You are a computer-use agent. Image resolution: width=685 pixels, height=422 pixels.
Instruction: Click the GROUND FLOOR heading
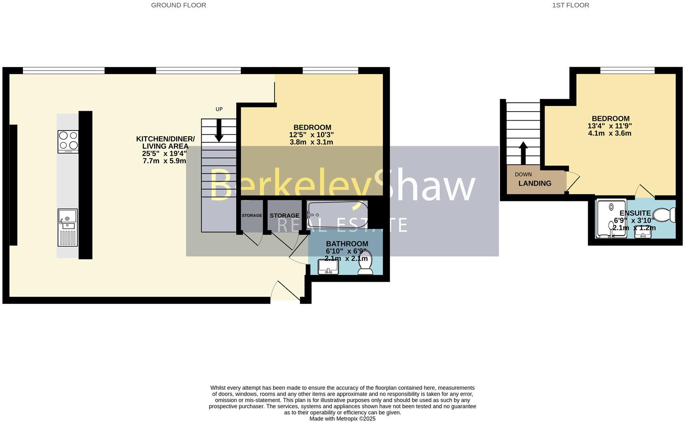[178, 5]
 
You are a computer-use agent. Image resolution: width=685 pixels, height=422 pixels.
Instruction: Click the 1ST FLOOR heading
[570, 5]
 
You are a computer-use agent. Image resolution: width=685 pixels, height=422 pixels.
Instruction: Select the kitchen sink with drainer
[68, 227]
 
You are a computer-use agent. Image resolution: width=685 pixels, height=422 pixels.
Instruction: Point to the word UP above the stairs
[219, 109]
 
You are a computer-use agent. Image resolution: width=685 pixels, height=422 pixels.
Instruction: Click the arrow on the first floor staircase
[523, 153]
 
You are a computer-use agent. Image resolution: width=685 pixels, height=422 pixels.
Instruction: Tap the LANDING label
[535, 184]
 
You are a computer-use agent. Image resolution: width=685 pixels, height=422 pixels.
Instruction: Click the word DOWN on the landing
[523, 175]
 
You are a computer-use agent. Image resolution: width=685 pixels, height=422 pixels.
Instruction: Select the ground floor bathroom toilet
[365, 263]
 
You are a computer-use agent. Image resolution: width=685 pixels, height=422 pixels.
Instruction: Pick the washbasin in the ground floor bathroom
[328, 267]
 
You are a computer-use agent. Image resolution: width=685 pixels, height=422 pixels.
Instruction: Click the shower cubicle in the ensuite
[611, 219]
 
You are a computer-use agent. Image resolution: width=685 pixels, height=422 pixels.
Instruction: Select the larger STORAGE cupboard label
[284, 216]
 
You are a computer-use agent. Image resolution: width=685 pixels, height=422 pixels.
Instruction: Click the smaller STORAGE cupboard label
[252, 216]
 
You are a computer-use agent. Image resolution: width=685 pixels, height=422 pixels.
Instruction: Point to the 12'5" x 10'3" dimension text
[311, 135]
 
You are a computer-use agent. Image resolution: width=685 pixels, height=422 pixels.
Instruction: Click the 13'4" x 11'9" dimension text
[610, 126]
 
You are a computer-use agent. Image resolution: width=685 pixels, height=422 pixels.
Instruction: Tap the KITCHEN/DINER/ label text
[165, 139]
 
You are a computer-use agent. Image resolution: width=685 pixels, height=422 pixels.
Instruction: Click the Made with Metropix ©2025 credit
[342, 419]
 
